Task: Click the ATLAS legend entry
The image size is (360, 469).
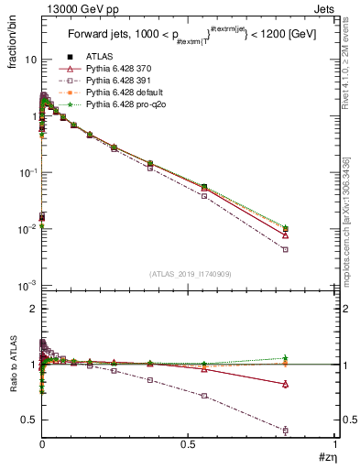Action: point(98,56)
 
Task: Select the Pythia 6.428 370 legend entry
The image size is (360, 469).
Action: point(117,69)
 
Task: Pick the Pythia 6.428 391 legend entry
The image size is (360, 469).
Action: point(117,81)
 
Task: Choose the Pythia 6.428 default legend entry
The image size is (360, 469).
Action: point(122,93)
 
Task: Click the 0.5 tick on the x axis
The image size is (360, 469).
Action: point(189,444)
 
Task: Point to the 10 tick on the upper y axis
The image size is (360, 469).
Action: point(29,60)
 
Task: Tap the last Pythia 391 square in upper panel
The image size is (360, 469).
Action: point(286,249)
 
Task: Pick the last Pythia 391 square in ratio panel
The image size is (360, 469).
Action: point(286,430)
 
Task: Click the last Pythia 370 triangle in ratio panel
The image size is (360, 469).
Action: point(286,384)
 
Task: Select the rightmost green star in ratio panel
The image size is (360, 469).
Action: point(286,358)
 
